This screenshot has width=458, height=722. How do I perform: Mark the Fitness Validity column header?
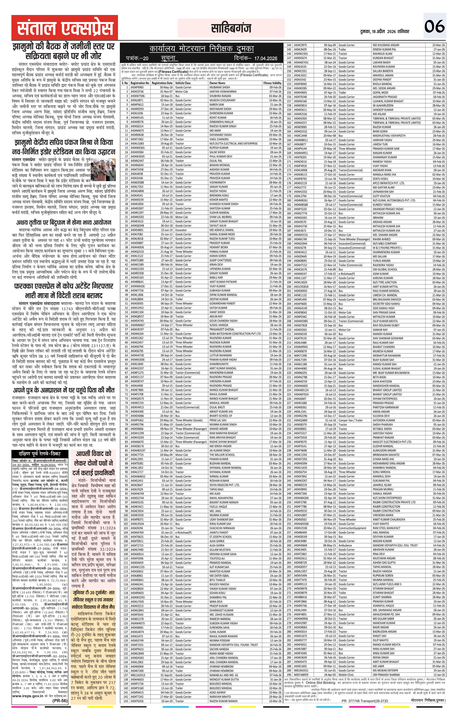point(272,83)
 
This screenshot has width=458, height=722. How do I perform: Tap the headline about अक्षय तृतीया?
point(64,222)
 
